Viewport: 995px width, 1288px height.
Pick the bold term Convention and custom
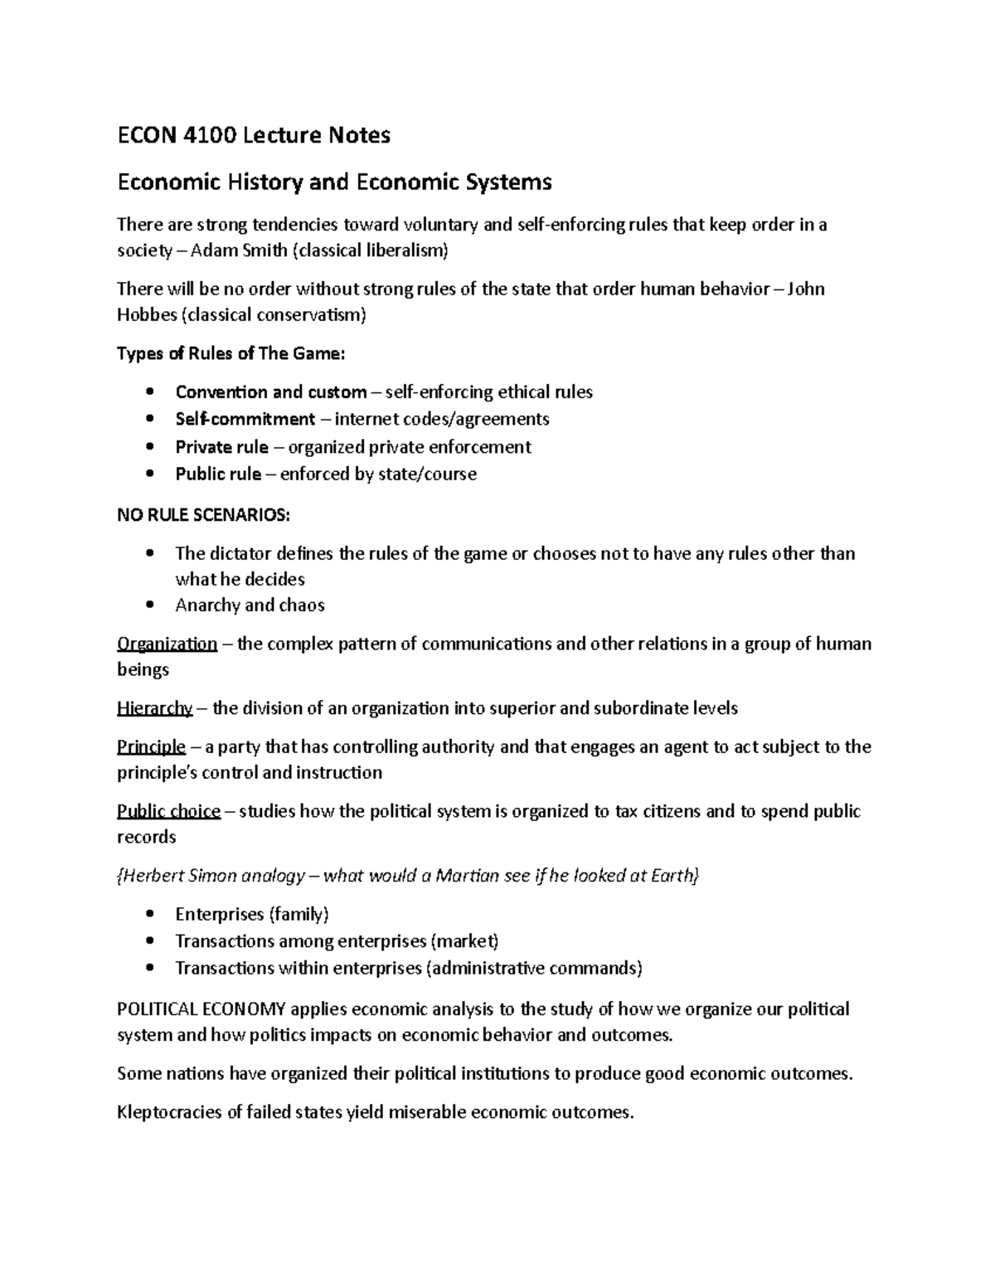270,392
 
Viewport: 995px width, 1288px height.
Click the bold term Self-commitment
245,419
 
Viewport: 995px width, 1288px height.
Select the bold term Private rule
221,447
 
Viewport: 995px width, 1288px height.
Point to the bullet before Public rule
149,474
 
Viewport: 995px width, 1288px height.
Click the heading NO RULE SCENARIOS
203,515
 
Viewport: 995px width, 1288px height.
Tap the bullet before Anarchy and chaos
149,605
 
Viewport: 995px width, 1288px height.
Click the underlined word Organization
167,644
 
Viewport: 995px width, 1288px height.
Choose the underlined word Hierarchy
154,709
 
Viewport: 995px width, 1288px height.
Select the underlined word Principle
151,747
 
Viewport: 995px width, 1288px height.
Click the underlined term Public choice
168,812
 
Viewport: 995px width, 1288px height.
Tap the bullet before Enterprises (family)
149,915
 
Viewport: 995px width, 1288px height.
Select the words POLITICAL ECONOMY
201,1010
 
